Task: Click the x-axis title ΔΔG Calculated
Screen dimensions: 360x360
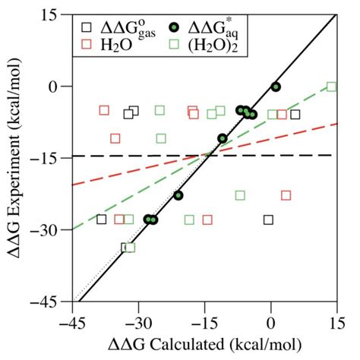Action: tap(204, 343)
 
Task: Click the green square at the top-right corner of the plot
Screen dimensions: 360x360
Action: tap(331, 87)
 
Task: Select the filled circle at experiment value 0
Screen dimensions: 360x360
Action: tap(276, 87)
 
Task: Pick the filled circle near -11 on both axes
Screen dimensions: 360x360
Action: tap(223, 138)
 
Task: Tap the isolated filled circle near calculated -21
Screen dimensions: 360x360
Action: tap(178, 195)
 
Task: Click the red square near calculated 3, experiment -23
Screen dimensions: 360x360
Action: tap(286, 195)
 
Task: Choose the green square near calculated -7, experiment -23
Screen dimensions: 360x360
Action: tap(240, 195)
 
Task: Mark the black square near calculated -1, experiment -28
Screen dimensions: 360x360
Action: tap(267, 219)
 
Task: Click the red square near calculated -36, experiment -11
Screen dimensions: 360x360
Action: tap(115, 138)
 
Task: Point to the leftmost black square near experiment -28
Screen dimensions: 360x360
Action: tap(102, 219)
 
